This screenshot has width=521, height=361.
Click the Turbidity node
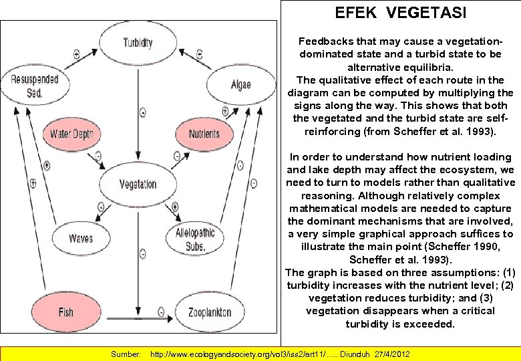tap(138, 43)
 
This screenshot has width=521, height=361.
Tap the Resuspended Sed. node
tap(35, 86)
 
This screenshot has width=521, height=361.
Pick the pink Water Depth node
tap(71, 134)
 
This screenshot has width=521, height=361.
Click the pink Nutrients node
tap(204, 134)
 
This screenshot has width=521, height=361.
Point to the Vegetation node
tap(138, 184)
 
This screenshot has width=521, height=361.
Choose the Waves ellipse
tap(81, 238)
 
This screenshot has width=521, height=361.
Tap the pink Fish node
tap(65, 312)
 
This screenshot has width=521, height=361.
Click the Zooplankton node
tap(209, 312)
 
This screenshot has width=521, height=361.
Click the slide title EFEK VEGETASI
tap(401, 13)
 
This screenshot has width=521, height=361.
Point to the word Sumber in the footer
tap(125, 352)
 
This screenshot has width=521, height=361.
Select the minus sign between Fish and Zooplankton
tap(161, 310)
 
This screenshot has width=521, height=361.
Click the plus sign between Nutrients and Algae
tap(224, 111)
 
